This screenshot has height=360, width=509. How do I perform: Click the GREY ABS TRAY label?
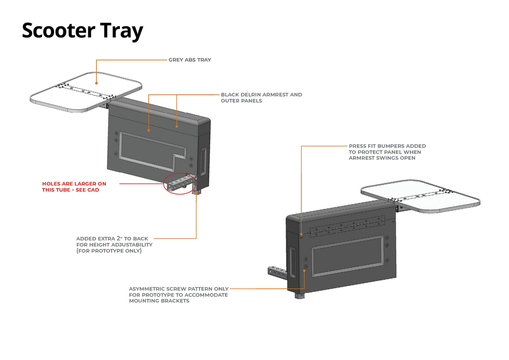click(190, 60)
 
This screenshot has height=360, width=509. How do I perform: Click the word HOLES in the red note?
click(52, 183)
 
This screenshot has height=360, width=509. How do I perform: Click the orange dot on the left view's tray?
click(97, 82)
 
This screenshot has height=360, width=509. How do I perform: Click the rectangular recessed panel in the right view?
click(348, 256)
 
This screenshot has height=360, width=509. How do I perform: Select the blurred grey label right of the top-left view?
click(261, 97)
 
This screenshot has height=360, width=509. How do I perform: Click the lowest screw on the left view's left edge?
click(115, 154)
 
